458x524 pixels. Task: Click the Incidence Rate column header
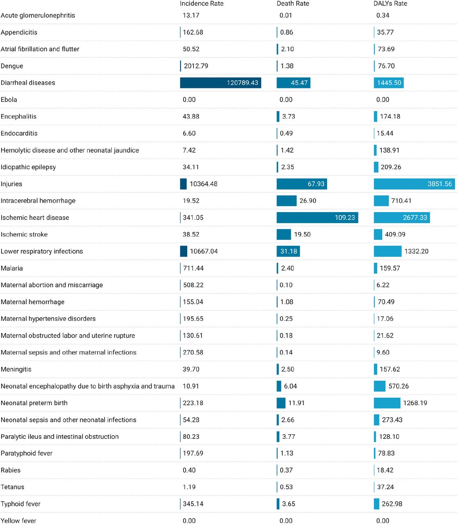tap(202, 4)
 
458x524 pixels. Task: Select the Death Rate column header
tap(292, 4)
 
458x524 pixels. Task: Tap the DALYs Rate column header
tap(390, 4)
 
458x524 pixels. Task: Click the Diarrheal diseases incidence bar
tap(220, 83)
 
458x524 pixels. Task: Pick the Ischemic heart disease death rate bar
tap(317, 217)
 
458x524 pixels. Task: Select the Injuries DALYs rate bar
tap(414, 184)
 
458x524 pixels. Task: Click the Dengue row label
tap(12, 66)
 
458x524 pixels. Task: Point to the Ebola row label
tap(9, 99)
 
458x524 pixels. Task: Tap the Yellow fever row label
tap(18, 520)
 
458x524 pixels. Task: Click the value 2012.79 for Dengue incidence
tap(196, 66)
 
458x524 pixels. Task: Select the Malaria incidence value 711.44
tap(193, 268)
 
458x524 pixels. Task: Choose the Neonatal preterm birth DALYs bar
tap(387, 403)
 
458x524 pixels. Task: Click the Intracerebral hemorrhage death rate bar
tap(286, 201)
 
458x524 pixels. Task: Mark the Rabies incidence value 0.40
tap(189, 470)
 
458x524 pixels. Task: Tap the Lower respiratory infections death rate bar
tap(288, 251)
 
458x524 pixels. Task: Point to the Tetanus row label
tap(12, 487)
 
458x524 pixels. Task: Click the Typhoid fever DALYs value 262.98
tap(392, 504)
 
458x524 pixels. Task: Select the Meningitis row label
tap(16, 369)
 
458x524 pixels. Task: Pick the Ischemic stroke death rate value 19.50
tap(302, 234)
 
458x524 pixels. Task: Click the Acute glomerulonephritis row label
tap(38, 16)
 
